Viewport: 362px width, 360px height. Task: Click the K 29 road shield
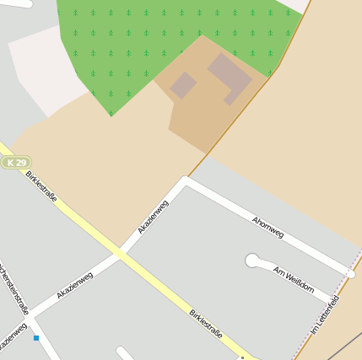coord(16,162)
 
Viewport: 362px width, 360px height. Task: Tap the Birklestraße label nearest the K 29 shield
coord(41,186)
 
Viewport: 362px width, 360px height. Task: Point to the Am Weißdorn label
coord(294,280)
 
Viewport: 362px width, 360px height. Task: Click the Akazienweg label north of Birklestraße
coord(153,217)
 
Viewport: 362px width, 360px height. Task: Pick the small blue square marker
coord(36,338)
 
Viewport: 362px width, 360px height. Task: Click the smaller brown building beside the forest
coord(183,84)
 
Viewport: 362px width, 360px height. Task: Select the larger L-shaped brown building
coord(230,75)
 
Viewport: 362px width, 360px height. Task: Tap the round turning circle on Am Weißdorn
coord(252,261)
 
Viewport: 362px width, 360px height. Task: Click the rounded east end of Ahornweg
coord(350,273)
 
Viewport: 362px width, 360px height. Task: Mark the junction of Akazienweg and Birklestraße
coord(121,252)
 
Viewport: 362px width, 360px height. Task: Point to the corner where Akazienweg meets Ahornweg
coord(185,181)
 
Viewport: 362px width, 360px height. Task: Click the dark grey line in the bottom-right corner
coord(344,346)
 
